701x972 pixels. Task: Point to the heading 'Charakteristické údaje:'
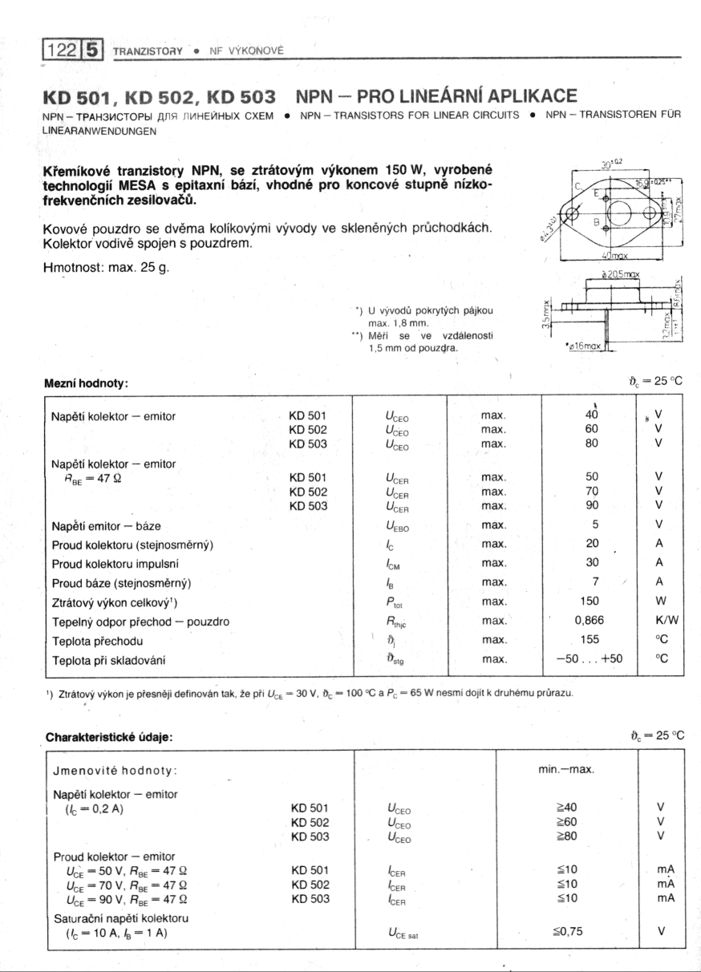(x=109, y=736)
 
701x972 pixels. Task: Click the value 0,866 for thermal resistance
(x=589, y=620)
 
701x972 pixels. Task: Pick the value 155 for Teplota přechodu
(x=590, y=639)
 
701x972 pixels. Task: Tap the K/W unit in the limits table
(x=667, y=620)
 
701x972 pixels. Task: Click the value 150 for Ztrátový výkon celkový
(x=590, y=601)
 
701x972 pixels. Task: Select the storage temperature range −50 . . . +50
(x=590, y=659)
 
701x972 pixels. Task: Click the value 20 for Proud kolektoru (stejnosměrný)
(x=592, y=544)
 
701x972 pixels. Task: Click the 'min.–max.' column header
(x=566, y=770)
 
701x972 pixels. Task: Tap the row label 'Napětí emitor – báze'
(x=106, y=526)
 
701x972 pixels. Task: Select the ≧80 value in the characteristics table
(x=565, y=836)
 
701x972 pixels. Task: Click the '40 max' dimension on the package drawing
(x=614, y=256)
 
